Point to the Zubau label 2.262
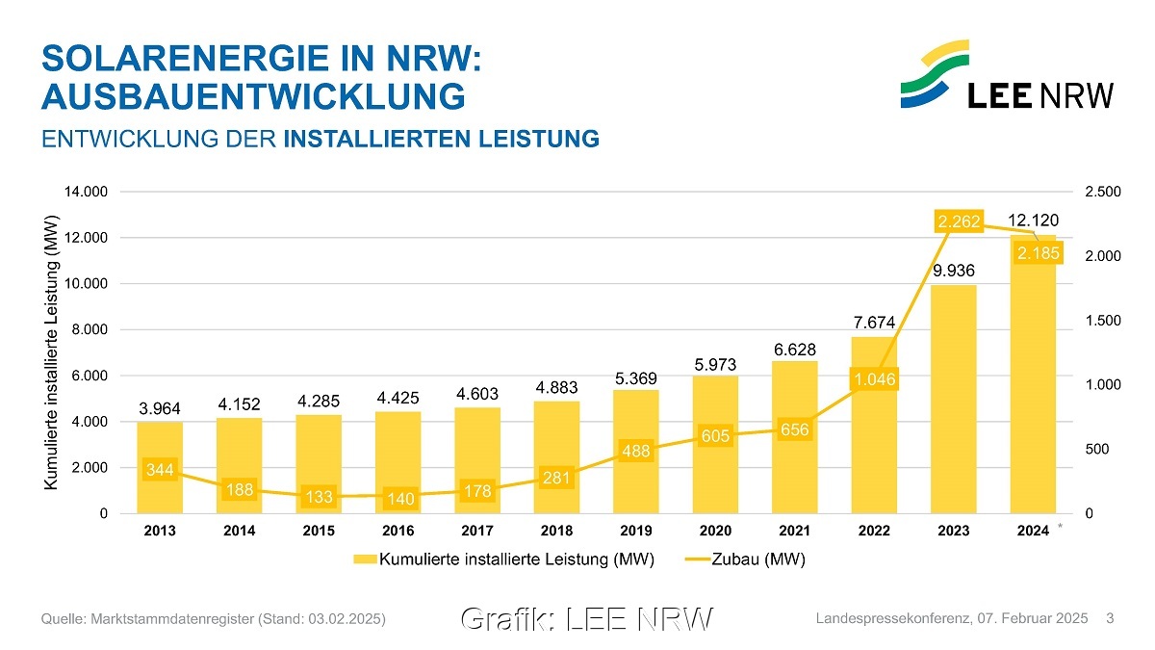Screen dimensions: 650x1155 [959, 222]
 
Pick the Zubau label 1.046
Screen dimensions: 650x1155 [874, 380]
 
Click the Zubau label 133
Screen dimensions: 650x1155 [319, 497]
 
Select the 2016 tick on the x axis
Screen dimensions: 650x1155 [398, 531]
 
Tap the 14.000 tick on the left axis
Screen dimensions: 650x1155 [85, 192]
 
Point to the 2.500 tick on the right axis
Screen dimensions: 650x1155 [1101, 192]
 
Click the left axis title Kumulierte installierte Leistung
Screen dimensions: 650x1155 [53, 351]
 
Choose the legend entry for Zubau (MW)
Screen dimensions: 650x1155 [745, 559]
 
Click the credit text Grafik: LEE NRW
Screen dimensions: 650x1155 [587, 619]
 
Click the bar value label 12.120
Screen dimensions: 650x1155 [1033, 221]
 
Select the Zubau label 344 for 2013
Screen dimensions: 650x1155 [160, 470]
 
